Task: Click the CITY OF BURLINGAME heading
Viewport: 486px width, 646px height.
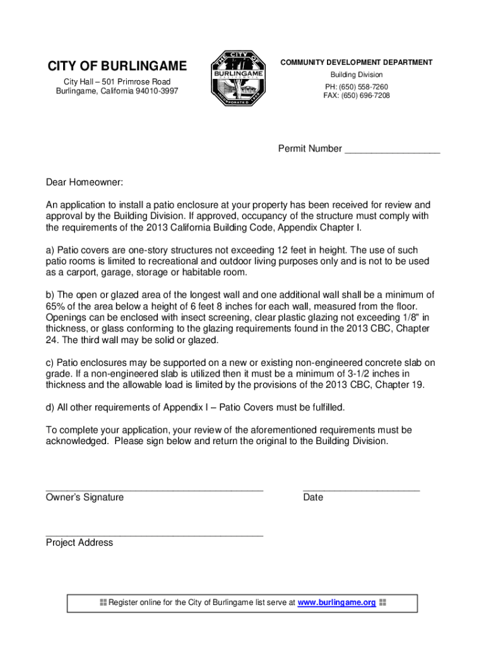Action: (117, 66)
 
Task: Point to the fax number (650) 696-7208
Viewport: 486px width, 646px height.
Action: (367, 96)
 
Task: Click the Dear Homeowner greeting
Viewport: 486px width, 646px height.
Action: (85, 182)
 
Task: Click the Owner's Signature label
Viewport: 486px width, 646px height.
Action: (85, 497)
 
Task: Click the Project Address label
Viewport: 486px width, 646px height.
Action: (80, 543)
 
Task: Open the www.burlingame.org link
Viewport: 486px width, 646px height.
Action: (336, 602)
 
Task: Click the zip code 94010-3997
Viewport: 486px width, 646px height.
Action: (156, 91)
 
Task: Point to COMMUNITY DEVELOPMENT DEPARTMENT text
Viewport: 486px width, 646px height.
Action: (357, 62)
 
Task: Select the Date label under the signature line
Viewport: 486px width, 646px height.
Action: (313, 497)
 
